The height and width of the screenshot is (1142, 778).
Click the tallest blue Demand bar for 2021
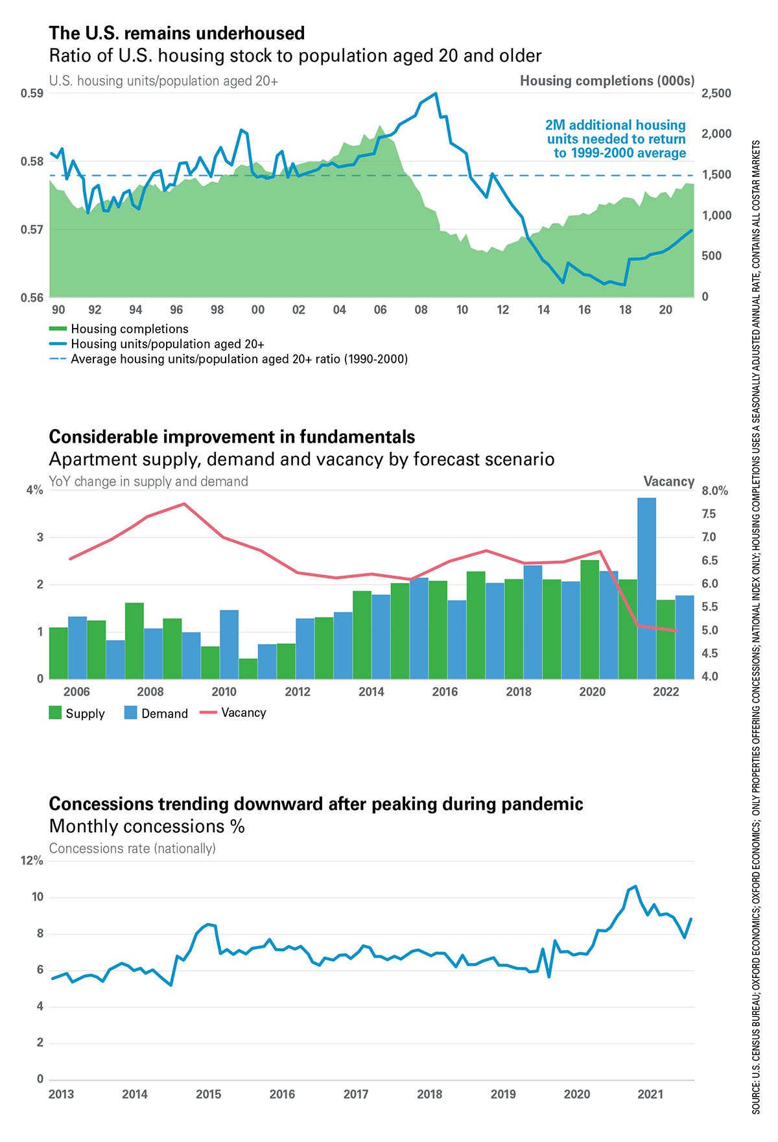click(646, 588)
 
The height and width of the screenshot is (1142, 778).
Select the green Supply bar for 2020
click(590, 619)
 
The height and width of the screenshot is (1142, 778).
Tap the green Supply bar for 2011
click(248, 668)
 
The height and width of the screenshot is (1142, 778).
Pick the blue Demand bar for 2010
click(229, 644)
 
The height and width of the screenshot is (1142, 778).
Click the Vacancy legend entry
click(233, 712)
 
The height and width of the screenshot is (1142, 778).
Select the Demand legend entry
click(156, 713)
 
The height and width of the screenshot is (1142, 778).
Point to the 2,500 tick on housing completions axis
click(716, 93)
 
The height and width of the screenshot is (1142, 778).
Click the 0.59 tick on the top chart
click(32, 93)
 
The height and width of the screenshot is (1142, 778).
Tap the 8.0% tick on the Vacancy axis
click(714, 491)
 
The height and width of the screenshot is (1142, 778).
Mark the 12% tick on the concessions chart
click(32, 860)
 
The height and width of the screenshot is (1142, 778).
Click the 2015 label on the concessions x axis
click(209, 1094)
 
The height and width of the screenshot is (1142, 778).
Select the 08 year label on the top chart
click(421, 310)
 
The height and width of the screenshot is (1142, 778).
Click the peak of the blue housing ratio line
click(436, 93)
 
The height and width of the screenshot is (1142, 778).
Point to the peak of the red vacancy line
click(185, 504)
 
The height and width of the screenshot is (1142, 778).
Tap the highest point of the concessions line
click(635, 886)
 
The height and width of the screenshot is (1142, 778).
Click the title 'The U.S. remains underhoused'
click(177, 33)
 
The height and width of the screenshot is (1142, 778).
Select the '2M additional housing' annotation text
click(615, 125)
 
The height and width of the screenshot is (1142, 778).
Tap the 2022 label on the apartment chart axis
click(666, 692)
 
